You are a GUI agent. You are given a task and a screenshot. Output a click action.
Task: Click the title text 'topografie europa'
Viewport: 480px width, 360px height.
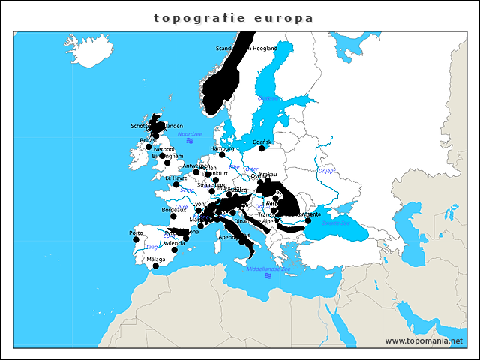click(233, 17)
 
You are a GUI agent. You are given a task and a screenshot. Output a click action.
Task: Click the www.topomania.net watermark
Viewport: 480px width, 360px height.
click(424, 340)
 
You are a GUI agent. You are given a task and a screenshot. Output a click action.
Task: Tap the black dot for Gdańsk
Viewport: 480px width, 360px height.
click(262, 148)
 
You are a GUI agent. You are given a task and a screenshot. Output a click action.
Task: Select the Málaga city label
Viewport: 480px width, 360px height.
click(156, 259)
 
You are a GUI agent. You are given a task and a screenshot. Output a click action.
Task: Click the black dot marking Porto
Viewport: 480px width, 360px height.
click(136, 239)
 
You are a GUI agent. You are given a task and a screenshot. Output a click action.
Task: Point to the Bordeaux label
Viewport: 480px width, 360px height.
click(174, 210)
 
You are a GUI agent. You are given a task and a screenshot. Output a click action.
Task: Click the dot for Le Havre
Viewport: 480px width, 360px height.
click(176, 184)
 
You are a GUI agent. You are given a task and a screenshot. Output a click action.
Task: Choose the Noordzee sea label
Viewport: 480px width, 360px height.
click(190, 133)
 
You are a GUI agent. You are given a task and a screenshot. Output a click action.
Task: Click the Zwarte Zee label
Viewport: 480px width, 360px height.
click(335, 223)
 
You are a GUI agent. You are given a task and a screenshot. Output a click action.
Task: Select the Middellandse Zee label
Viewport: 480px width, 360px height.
click(268, 267)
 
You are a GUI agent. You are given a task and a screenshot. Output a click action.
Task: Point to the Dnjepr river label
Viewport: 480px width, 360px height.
click(326, 171)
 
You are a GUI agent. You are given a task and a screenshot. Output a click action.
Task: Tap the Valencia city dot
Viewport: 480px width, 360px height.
click(175, 250)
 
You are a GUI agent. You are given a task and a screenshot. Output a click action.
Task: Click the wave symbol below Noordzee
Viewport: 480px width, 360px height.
click(190, 141)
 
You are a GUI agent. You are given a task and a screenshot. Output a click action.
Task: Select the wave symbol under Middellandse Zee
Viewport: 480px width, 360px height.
click(268, 275)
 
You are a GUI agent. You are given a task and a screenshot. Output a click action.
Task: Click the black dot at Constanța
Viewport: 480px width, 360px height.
click(307, 220)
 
